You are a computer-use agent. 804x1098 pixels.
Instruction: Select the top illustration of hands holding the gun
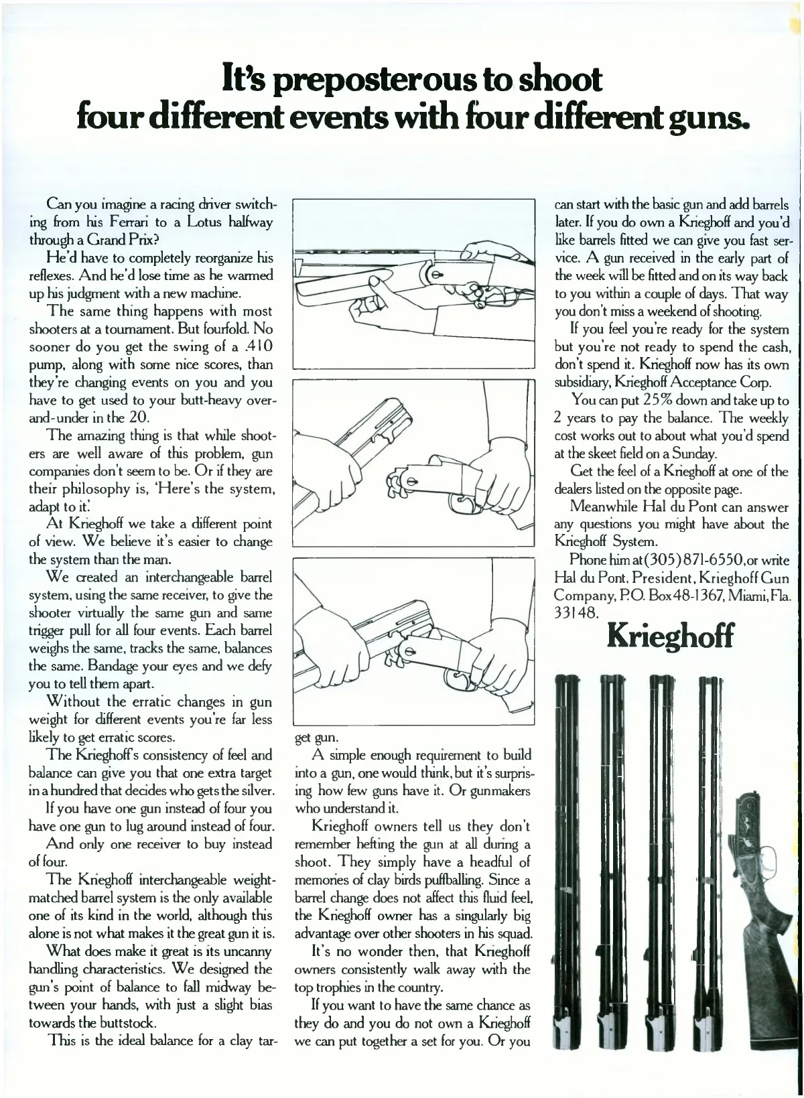click(413, 283)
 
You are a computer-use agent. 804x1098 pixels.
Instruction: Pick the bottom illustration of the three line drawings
click(413, 641)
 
